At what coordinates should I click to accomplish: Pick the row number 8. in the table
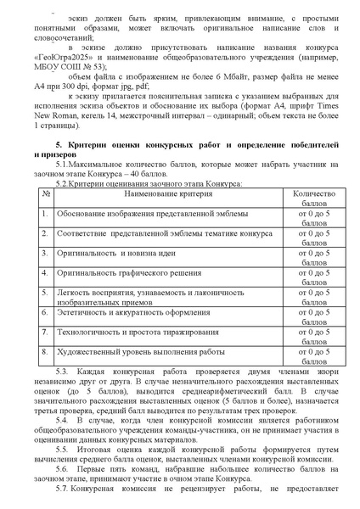(45, 375)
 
